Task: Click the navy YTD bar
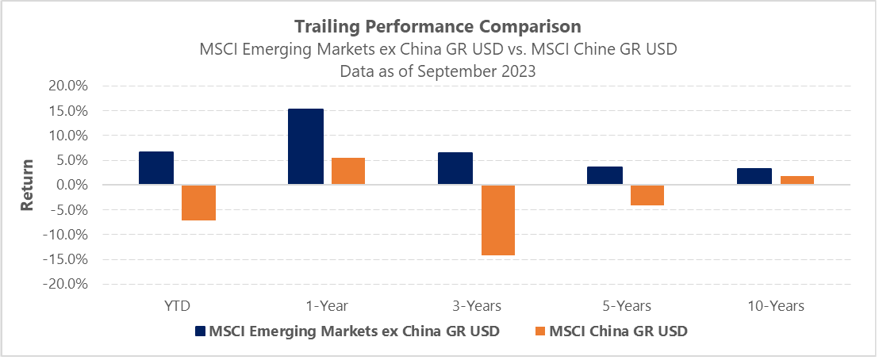[155, 168]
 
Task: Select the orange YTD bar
[198, 202]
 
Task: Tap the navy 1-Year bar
[305, 147]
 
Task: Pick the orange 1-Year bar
[347, 171]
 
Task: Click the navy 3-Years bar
[455, 169]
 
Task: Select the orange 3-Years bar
[497, 220]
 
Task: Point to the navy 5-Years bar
[605, 176]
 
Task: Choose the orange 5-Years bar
[647, 195]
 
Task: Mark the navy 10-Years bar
[754, 177]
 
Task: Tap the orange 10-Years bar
[796, 181]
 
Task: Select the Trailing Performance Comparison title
[438, 28]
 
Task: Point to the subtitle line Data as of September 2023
[438, 70]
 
